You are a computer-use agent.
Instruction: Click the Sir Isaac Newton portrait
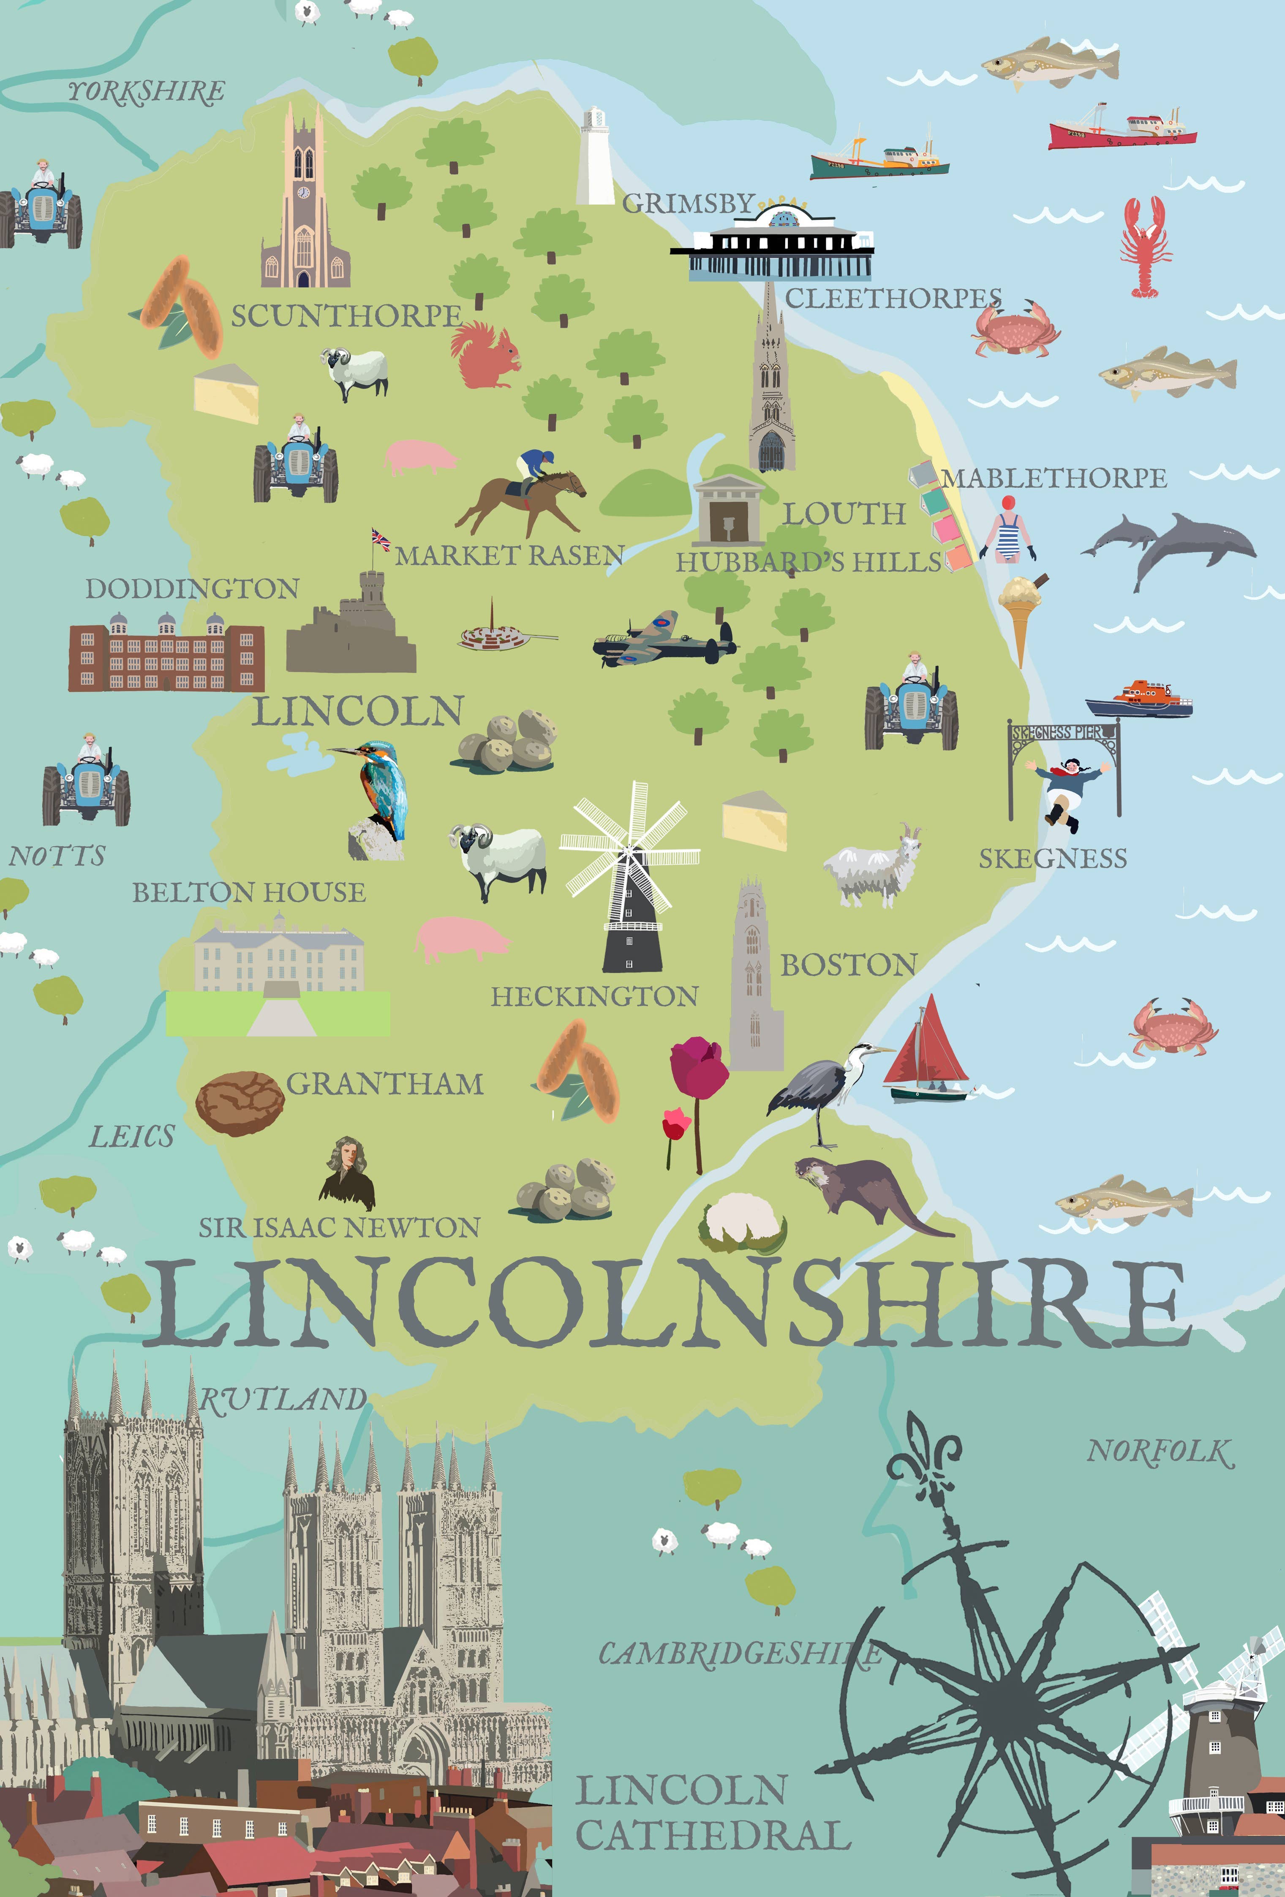point(348,1174)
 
